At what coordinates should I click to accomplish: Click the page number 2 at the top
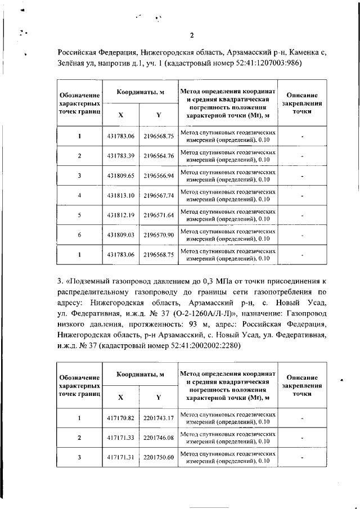(192, 37)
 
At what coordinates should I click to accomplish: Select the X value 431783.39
(120, 156)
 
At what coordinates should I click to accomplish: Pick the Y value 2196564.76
(159, 156)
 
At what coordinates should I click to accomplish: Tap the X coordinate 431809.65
(120, 175)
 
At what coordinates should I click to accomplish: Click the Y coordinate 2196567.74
(159, 195)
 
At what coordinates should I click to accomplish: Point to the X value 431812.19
(120, 215)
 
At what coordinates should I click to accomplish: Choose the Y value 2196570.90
(159, 235)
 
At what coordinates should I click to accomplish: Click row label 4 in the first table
(79, 195)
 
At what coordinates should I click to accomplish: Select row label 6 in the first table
(79, 235)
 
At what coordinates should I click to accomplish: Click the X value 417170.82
(120, 418)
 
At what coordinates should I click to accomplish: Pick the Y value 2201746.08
(159, 437)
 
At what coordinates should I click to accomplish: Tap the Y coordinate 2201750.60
(159, 457)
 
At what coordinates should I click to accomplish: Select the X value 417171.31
(120, 457)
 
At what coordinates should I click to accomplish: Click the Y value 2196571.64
(159, 215)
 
